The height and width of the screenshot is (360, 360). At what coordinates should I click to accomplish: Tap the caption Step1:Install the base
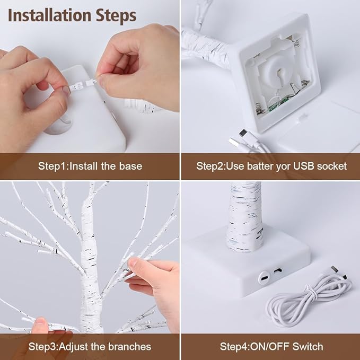pos(90,166)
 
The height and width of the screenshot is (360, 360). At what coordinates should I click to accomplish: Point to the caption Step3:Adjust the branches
pos(90,347)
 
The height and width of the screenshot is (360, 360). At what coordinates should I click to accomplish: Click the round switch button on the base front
pos(264,276)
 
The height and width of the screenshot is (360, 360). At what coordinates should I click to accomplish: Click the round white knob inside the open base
pos(278,69)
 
